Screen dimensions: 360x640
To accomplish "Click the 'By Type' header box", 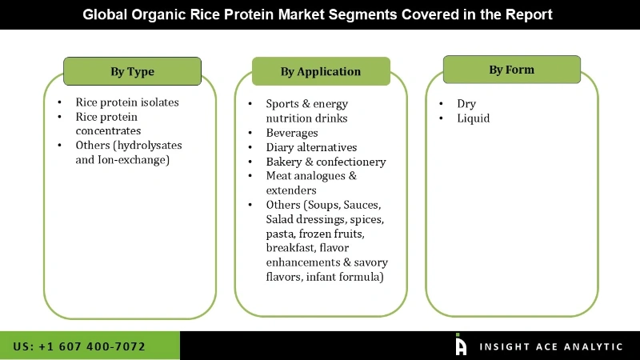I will [132, 71].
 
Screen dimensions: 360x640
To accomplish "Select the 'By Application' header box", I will [320, 71].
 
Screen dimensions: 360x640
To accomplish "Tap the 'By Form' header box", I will [511, 70].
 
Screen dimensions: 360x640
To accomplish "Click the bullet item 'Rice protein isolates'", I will [127, 102].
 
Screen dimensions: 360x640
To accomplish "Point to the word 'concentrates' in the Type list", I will [108, 130].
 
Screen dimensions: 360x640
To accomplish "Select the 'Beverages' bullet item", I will [292, 133].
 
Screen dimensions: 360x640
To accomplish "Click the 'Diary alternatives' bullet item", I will [311, 147].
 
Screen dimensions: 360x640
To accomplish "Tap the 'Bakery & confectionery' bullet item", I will [326, 162].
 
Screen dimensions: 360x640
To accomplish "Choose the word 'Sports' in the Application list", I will [283, 104].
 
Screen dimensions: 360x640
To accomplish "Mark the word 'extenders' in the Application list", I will [291, 190].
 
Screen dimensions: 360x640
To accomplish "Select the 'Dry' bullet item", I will [466, 104].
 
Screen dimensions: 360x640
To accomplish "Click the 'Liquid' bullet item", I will [474, 118].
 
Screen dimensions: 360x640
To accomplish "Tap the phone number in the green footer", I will [79, 346].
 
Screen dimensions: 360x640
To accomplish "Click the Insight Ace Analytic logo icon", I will [461, 345].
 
